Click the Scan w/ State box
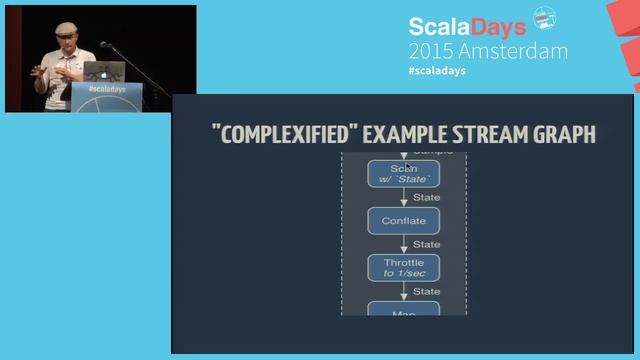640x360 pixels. pyautogui.click(x=403, y=173)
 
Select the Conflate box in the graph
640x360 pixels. pyautogui.click(x=403, y=220)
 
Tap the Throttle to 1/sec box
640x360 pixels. pyautogui.click(x=403, y=267)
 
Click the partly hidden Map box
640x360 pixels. pyautogui.click(x=403, y=309)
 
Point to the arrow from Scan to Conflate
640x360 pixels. pyautogui.click(x=403, y=198)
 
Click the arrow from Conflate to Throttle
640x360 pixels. pyautogui.click(x=403, y=244)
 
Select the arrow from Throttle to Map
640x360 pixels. pyautogui.click(x=403, y=291)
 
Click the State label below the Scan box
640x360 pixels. pyautogui.click(x=426, y=197)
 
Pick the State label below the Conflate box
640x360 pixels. pyautogui.click(x=426, y=244)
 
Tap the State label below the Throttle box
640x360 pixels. pyautogui.click(x=426, y=291)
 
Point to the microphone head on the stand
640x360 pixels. pyautogui.click(x=104, y=45)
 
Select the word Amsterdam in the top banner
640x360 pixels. pyautogui.click(x=511, y=50)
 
